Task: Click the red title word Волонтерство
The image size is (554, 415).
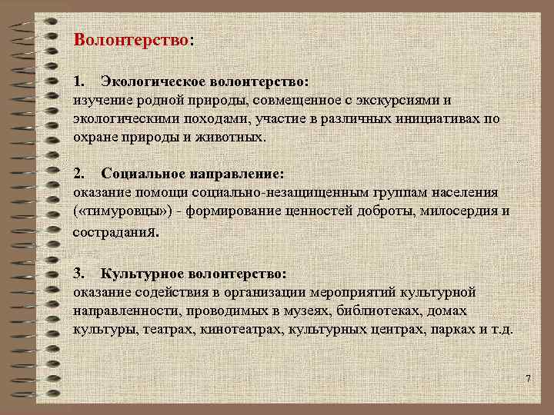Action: [130, 39]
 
